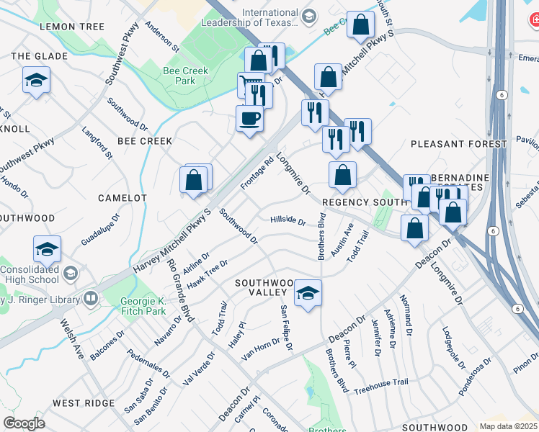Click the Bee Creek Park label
179,76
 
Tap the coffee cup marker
250,118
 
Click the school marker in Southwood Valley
308,292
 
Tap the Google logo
24,423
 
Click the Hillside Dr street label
288,220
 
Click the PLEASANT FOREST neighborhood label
458,144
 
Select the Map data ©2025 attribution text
508,426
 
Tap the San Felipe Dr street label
287,327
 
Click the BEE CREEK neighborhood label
145,141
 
